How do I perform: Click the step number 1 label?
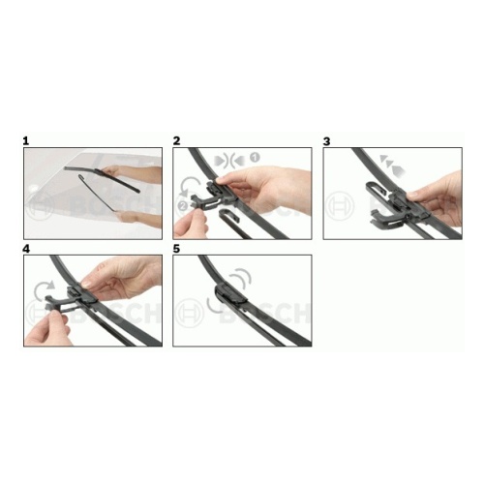click(x=26, y=141)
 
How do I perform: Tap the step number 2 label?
click(x=176, y=141)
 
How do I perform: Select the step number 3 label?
click(x=326, y=141)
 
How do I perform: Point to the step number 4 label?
click(x=26, y=249)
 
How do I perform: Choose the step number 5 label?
click(x=176, y=249)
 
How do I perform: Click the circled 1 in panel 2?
click(x=255, y=158)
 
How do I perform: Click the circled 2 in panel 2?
click(x=183, y=205)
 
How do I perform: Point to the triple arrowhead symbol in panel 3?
click(x=392, y=166)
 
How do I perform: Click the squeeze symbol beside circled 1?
click(x=231, y=160)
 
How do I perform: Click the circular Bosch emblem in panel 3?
click(x=340, y=205)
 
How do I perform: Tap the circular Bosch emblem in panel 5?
click(x=189, y=312)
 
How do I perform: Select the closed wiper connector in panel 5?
click(x=231, y=293)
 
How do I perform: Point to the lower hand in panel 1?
click(x=138, y=219)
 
